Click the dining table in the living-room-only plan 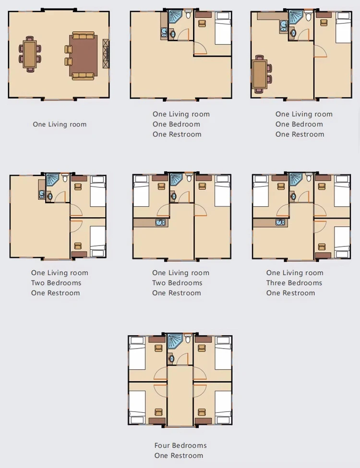pyautogui.click(x=30, y=54)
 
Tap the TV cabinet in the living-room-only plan pyautogui.click(x=106, y=54)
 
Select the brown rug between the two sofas pyautogui.click(x=84, y=56)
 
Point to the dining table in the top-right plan pyautogui.click(x=260, y=74)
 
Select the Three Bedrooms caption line pyautogui.click(x=294, y=282)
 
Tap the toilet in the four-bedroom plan pyautogui.click(x=188, y=339)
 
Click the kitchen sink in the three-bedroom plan pyautogui.click(x=280, y=222)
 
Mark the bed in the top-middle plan pyautogui.click(x=223, y=28)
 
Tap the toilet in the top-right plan pyautogui.click(x=308, y=16)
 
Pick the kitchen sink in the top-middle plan pyautogui.click(x=164, y=33)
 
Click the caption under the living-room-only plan pyautogui.click(x=60, y=124)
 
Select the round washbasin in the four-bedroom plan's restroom pyautogui.click(x=171, y=358)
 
